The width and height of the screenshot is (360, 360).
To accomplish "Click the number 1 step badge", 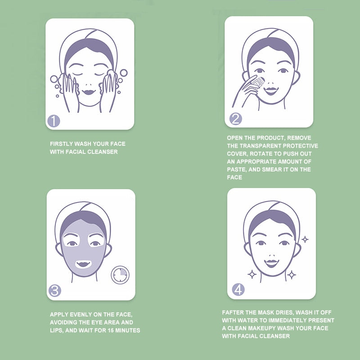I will [54, 121].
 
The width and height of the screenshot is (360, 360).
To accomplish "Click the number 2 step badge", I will [235, 119].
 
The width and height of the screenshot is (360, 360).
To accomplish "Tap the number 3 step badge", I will [55, 290].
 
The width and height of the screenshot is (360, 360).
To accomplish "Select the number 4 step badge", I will [238, 289].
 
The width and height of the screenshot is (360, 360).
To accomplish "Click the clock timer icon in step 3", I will [120, 274].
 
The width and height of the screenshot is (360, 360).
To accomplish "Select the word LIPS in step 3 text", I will [57, 330].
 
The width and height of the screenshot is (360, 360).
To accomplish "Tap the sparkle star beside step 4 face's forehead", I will [305, 239].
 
